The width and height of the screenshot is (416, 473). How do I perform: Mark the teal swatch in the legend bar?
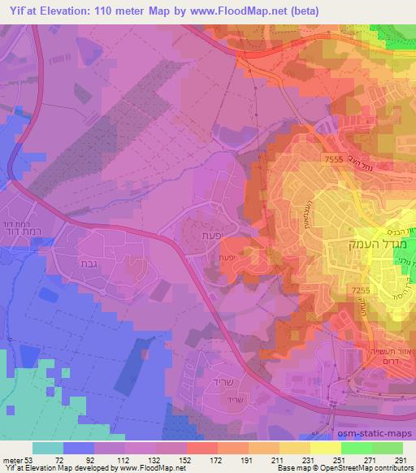(48, 448)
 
